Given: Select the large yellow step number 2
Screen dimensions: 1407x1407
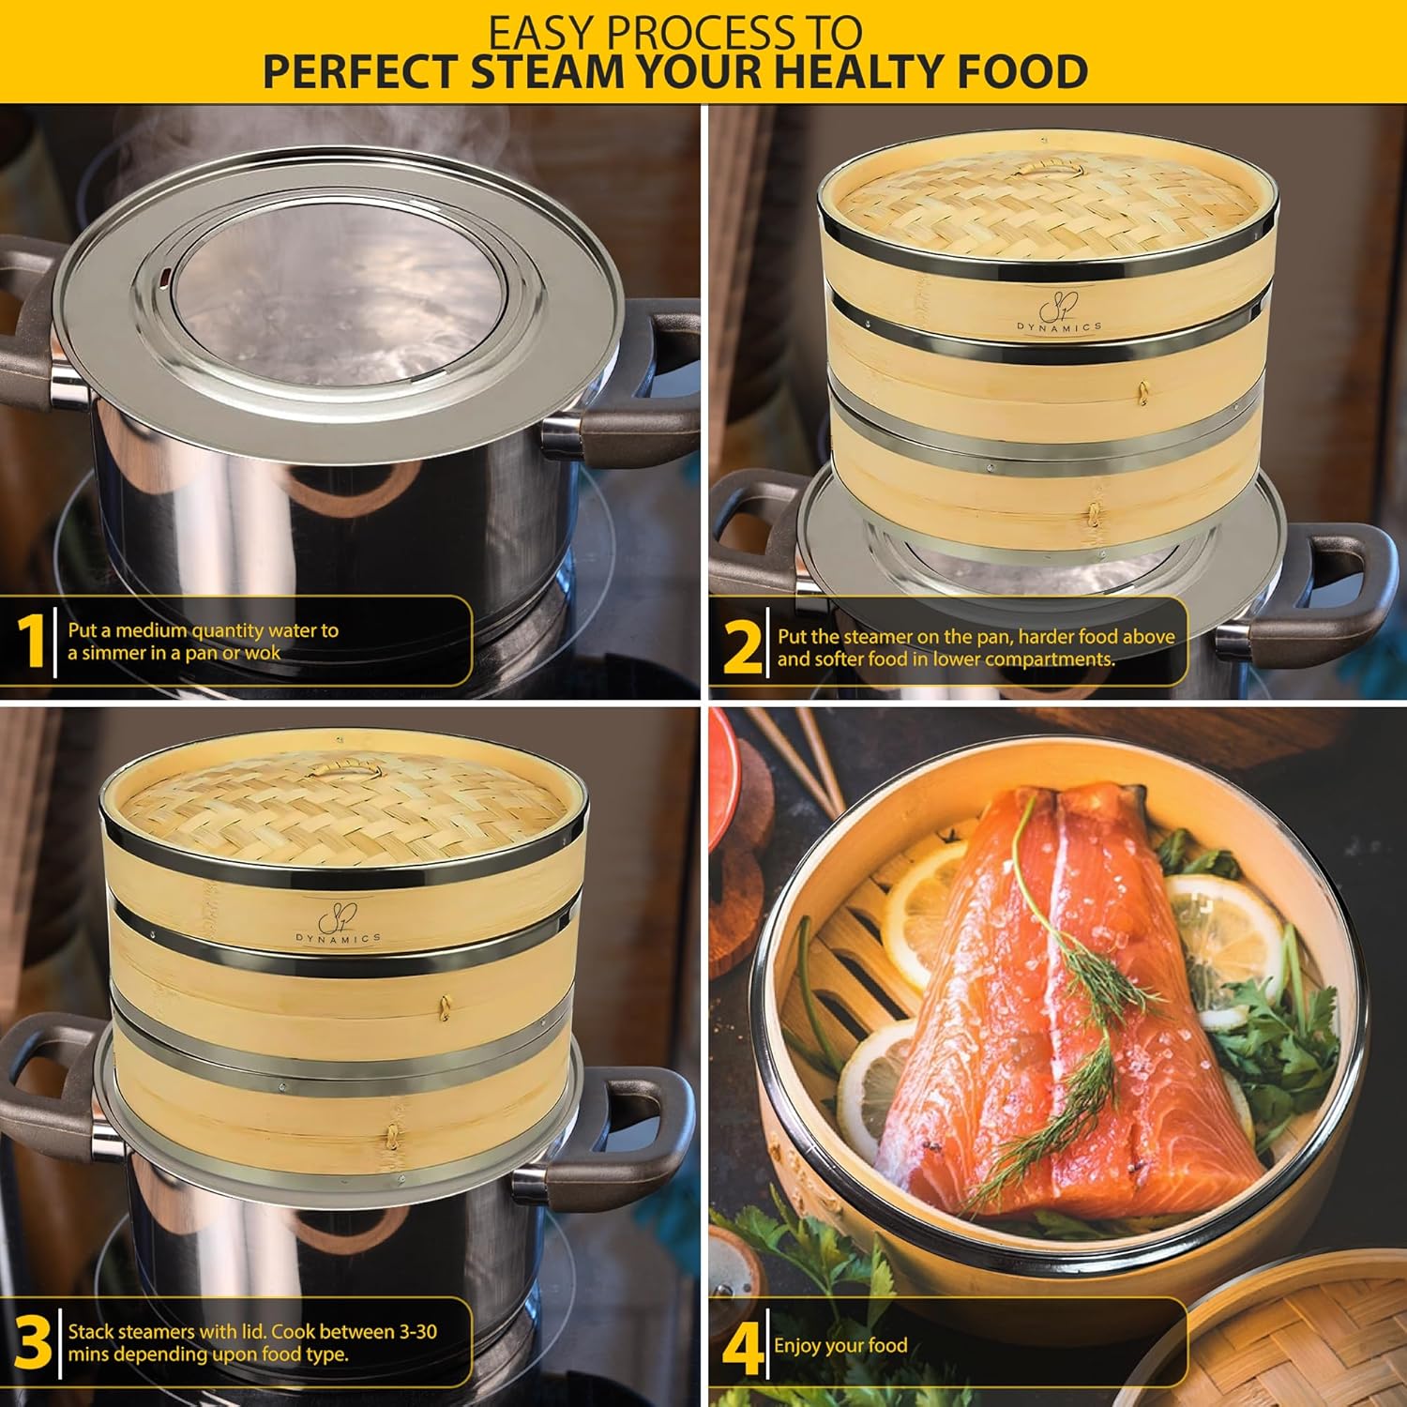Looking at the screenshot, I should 743,647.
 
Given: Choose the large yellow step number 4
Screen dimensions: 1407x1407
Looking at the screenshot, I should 743,1348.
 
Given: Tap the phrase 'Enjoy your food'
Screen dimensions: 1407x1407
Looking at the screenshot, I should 840,1346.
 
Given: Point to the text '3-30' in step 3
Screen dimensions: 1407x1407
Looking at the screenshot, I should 412,1332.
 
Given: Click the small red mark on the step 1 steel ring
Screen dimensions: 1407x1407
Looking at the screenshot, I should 166,277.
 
